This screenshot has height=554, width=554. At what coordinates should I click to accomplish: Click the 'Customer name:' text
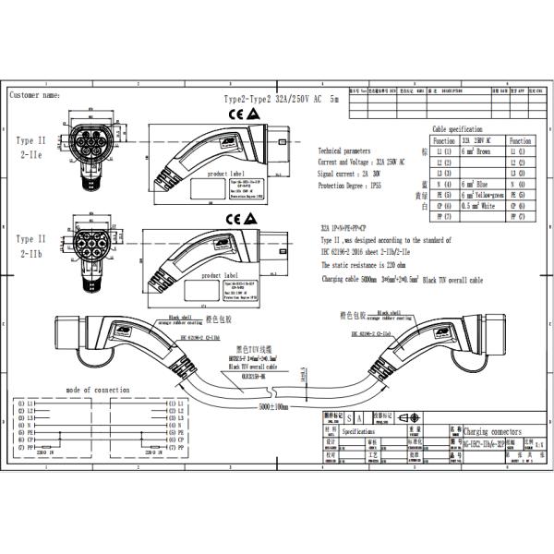(x=35, y=95)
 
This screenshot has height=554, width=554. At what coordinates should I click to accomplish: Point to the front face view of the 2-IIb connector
(x=89, y=242)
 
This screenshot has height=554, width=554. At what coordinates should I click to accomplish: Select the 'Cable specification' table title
(x=458, y=129)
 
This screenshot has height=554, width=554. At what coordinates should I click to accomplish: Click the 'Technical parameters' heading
(x=344, y=150)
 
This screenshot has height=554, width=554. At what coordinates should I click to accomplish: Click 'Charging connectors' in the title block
(x=488, y=431)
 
